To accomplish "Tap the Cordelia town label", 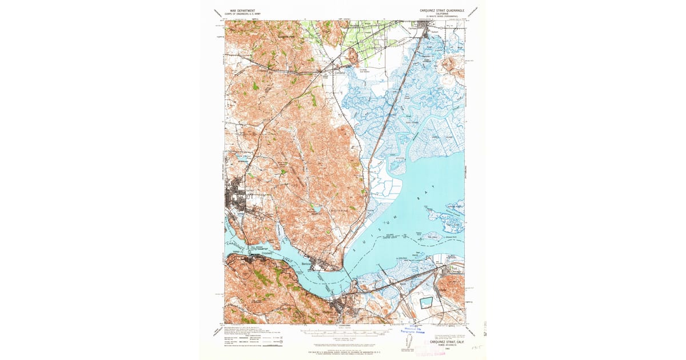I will (x=341, y=73).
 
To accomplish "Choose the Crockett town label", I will (x=267, y=253).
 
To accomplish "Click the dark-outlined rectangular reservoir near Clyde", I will (x=427, y=303).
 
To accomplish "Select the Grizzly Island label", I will (x=444, y=137).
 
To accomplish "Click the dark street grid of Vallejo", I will (x=236, y=199).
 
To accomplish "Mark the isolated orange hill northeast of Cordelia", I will (x=353, y=56).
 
